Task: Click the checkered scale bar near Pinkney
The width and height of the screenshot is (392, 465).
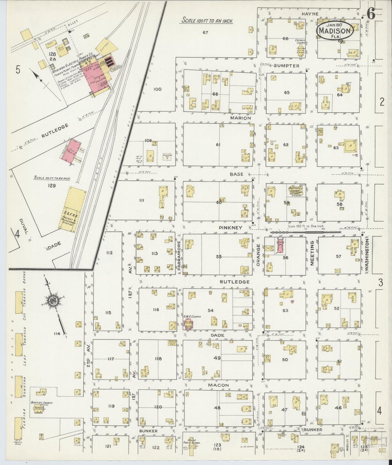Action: pyautogui.click(x=305, y=232)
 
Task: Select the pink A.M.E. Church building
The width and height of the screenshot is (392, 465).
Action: pyautogui.click(x=189, y=324)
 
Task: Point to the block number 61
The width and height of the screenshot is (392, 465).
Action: pyautogui.click(x=218, y=145)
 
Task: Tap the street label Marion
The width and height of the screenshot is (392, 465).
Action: pyautogui.click(x=241, y=118)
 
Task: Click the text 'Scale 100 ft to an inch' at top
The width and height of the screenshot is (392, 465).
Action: pyautogui.click(x=208, y=21)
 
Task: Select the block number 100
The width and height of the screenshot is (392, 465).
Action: pyautogui.click(x=157, y=89)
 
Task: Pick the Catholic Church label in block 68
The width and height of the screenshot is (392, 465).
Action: pyautogui.click(x=300, y=42)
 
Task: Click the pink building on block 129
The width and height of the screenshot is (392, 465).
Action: pyautogui.click(x=71, y=149)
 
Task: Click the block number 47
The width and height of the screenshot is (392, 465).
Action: pyautogui.click(x=284, y=410)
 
